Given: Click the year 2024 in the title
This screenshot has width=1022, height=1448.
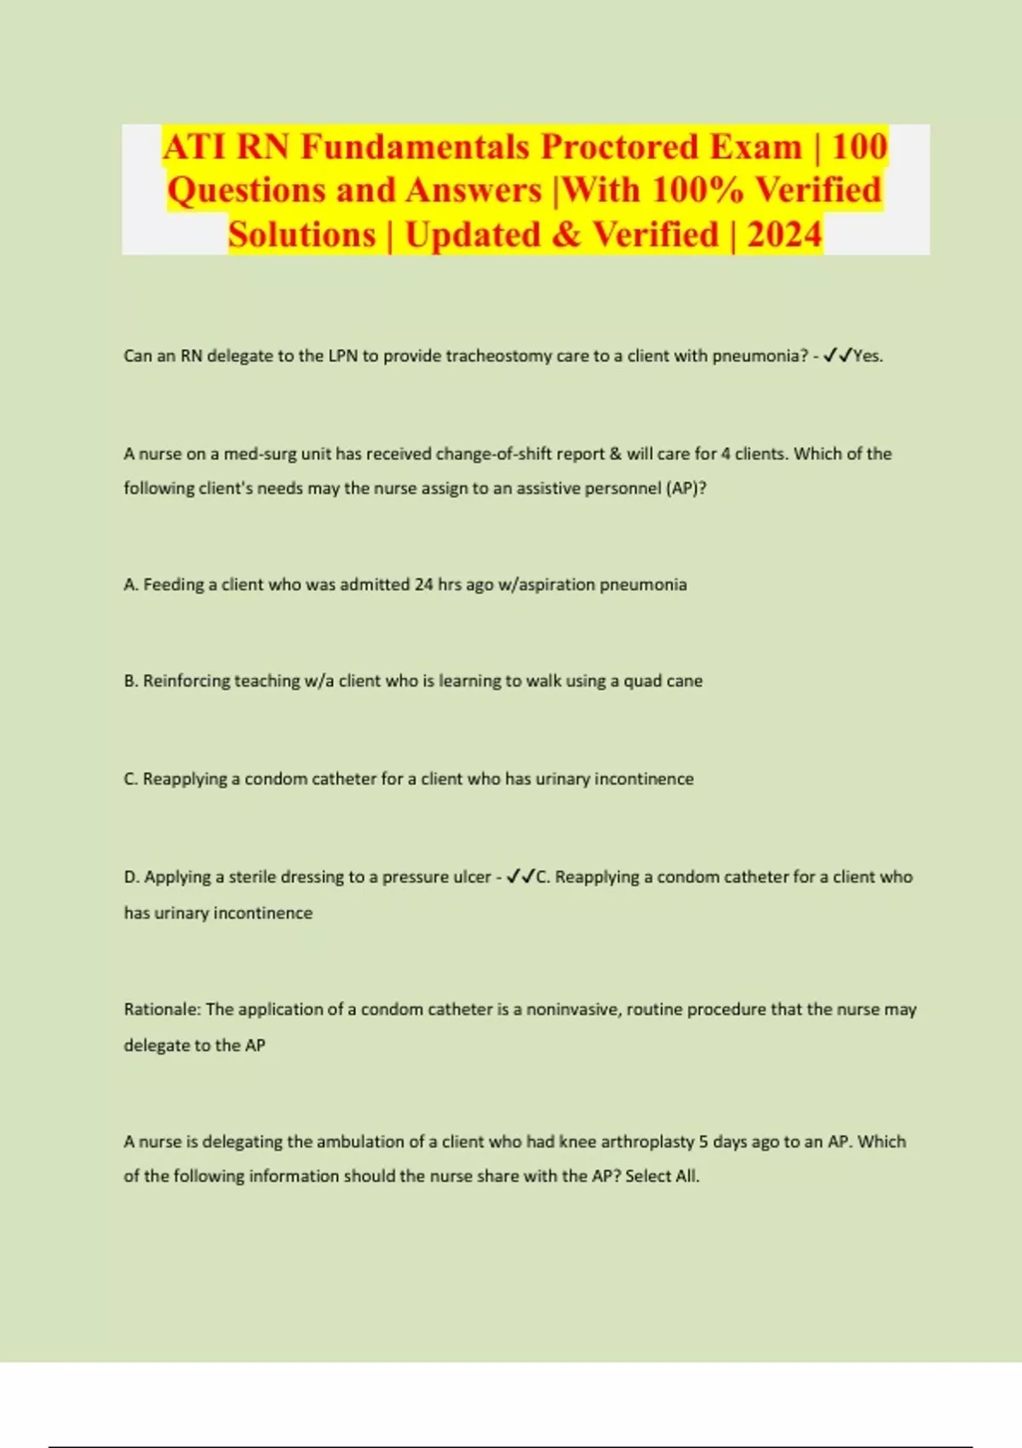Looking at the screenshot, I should [784, 235].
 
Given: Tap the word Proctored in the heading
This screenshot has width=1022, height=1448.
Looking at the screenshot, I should [620, 147].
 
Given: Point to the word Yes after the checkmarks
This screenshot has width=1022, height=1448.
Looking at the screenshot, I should [867, 356].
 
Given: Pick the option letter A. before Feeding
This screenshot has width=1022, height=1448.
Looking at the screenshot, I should [131, 585].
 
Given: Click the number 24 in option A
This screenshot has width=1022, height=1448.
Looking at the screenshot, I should [424, 585].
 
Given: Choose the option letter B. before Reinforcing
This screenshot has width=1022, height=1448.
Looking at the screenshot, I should [131, 681].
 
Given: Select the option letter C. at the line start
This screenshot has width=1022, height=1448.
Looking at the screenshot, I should [131, 779].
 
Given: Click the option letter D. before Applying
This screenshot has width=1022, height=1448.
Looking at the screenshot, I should [132, 877].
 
